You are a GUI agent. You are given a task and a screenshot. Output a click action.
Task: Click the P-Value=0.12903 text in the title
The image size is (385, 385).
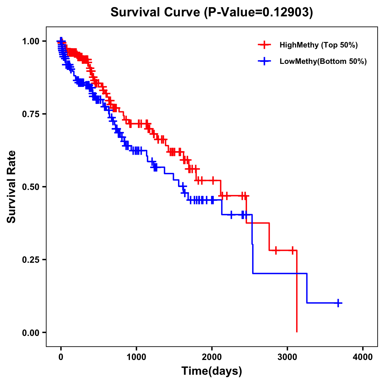[259, 12]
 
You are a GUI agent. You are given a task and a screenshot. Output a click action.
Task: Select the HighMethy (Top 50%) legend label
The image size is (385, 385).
[318, 45]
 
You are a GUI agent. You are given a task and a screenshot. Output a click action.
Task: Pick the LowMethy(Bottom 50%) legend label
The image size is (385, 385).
[323, 62]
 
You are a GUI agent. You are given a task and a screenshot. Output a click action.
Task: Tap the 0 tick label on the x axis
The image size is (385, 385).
[61, 357]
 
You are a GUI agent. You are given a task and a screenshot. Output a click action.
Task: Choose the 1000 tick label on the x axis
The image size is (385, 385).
[136, 357]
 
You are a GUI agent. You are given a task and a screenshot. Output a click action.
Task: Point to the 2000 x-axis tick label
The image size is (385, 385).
[212, 357]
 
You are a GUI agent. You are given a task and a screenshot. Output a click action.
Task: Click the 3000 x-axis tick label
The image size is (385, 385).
[287, 357]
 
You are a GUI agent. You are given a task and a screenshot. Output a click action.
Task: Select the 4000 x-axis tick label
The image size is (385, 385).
[363, 357]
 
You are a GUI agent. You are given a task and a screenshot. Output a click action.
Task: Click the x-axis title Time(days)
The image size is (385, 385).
[212, 371]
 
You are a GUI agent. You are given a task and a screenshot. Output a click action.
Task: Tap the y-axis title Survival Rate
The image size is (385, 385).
[12, 187]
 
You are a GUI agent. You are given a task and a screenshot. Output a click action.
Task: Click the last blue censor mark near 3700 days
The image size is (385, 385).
[338, 303]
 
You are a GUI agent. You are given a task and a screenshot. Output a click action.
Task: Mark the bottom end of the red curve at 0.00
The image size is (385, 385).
[297, 331]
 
